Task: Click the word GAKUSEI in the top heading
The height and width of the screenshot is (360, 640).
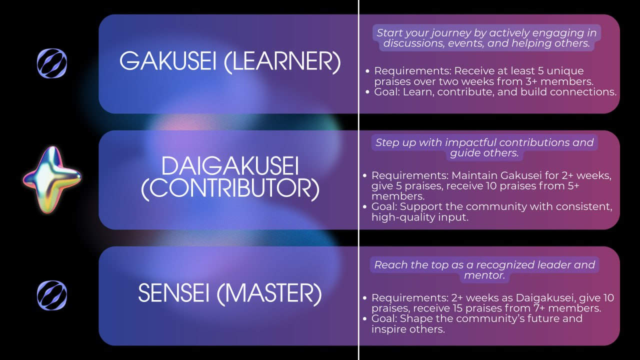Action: pos(167,61)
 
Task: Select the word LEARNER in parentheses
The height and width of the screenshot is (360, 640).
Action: pos(282,61)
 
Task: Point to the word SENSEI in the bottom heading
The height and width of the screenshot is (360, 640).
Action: pos(173,293)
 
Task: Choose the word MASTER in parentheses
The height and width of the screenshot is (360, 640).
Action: pos(269,293)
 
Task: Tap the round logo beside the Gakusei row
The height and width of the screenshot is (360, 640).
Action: pos(52,63)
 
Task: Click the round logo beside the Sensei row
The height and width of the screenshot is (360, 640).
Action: pos(52,295)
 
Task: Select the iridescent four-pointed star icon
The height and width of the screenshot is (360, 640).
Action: pos(52,180)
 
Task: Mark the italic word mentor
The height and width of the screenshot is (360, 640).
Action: pos(484,275)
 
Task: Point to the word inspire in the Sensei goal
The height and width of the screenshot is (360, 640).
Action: pos(390,329)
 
